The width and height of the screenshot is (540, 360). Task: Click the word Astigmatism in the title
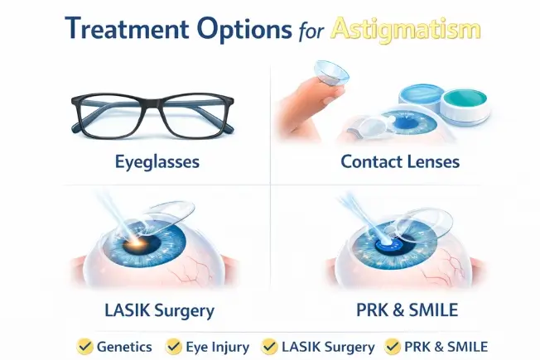tap(405, 29)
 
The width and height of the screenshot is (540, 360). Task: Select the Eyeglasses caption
tap(157, 161)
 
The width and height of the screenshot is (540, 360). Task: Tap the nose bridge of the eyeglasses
tap(157, 106)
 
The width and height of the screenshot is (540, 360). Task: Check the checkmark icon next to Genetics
tap(84, 346)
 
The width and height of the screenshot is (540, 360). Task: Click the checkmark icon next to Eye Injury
tap(174, 346)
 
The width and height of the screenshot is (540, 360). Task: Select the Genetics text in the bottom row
tap(125, 346)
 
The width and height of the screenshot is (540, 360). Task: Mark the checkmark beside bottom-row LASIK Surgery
tap(270, 346)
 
